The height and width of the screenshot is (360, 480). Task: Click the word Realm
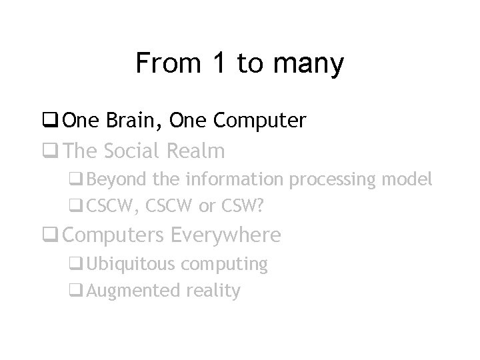[x=195, y=151]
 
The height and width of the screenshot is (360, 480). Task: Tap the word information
[x=234, y=179]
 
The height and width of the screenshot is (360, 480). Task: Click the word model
[x=409, y=179]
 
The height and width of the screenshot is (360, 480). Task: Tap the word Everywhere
[x=226, y=235]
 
